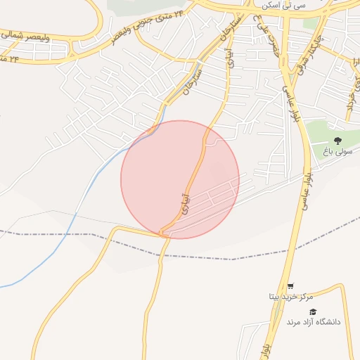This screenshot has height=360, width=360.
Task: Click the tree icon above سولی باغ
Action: click(x=337, y=140)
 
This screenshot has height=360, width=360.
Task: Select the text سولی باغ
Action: click(x=336, y=152)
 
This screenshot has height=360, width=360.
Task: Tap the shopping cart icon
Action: click(x=290, y=285)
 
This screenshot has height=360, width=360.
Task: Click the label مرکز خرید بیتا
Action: click(x=290, y=297)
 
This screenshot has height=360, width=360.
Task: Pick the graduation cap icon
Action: click(x=313, y=311)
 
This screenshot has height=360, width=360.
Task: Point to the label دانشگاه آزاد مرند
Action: click(x=313, y=321)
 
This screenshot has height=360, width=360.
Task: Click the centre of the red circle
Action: click(x=180, y=179)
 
